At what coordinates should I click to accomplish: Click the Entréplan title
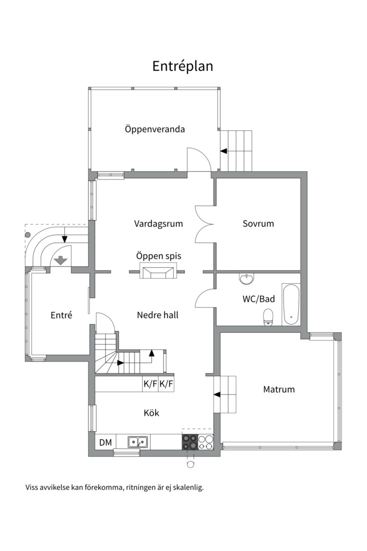coord(182,66)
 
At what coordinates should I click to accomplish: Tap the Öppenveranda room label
coord(155,129)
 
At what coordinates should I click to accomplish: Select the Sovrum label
coord(258,223)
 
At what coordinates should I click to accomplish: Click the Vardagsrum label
coord(159,223)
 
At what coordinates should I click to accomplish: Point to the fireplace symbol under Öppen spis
coord(159,272)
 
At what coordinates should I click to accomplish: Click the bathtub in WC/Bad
coord(291,304)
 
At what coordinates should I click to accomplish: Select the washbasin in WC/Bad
coord(247,279)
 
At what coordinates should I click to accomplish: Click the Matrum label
coord(279,389)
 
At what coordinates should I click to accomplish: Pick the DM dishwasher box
coord(106,442)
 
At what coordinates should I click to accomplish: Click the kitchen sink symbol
coord(138,442)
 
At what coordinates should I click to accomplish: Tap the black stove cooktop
coord(190,442)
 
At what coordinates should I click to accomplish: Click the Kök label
coord(151,412)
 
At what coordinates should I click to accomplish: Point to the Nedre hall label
coord(158,315)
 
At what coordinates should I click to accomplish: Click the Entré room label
coord(61,315)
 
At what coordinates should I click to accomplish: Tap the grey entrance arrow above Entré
coord(61,260)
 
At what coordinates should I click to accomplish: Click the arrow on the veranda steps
coord(224,151)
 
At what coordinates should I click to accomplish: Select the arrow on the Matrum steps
coord(217,394)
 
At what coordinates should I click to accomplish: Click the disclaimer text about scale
coord(114,487)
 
